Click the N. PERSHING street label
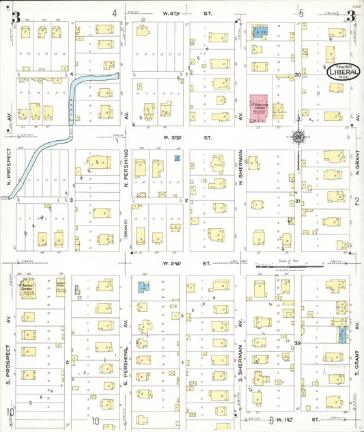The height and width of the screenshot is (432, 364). [x=127, y=170]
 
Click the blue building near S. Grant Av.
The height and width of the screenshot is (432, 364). [x=341, y=334]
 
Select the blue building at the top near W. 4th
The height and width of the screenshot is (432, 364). [x=260, y=31]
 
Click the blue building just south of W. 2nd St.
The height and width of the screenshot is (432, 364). [x=144, y=288]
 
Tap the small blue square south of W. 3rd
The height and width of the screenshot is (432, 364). [x=177, y=158]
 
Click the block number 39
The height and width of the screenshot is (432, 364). [x=298, y=342]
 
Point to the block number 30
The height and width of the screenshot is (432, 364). [x=298, y=75]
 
